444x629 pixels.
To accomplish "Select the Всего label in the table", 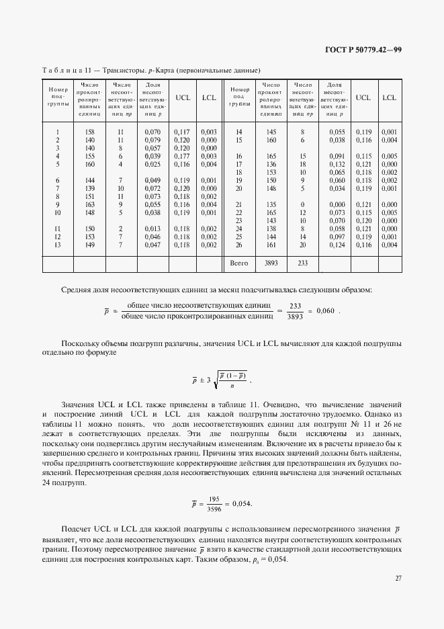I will point(239,263).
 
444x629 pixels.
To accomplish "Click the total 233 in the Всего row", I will point(302,263).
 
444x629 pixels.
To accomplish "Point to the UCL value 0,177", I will point(182,156).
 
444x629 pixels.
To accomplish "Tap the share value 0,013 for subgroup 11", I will point(152,229).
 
